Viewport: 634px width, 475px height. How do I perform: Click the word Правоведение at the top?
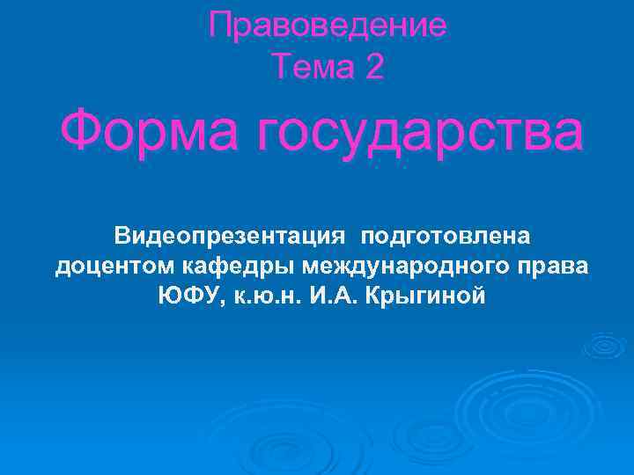(328, 26)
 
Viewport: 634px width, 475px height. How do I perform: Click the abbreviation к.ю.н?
(265, 296)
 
